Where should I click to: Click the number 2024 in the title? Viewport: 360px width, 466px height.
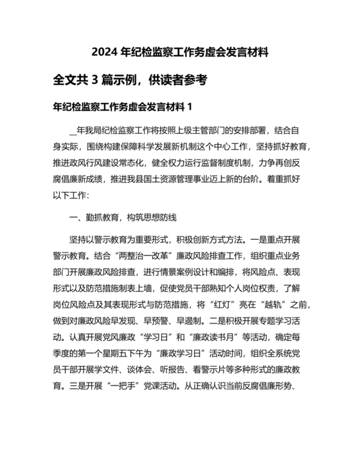coord(105,51)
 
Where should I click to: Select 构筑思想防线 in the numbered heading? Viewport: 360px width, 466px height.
coord(155,217)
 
